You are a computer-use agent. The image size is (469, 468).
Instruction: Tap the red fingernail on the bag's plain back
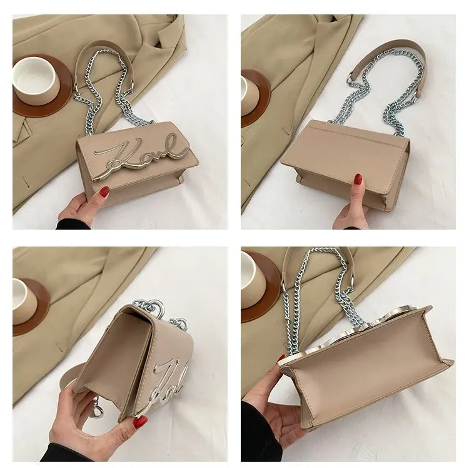(358, 180)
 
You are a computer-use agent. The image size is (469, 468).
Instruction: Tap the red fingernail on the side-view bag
(140, 423)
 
